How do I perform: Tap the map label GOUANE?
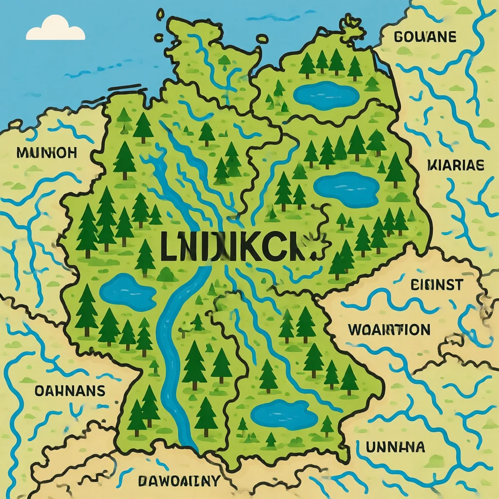click(424, 37)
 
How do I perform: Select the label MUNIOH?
click(46, 153)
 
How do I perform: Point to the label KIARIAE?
click(455, 166)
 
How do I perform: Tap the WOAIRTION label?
click(389, 330)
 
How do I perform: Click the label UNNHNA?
click(395, 446)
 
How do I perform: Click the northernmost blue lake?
click(327, 95)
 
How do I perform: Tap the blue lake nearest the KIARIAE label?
click(346, 189)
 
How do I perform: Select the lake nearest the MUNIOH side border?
click(128, 291)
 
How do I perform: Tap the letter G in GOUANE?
click(397, 37)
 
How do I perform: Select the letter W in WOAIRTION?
click(356, 330)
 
